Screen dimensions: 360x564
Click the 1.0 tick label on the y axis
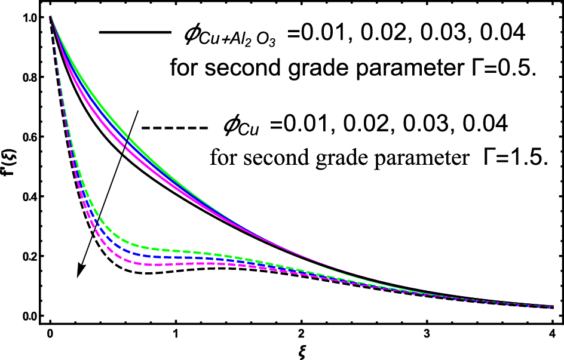pyautogui.click(x=27, y=19)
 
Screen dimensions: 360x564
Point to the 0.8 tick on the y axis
pyautogui.click(x=27, y=78)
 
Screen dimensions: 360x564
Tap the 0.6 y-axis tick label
pyautogui.click(x=27, y=138)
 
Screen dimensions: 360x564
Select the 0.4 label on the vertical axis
pyautogui.click(x=27, y=197)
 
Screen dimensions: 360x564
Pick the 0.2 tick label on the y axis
pyautogui.click(x=27, y=257)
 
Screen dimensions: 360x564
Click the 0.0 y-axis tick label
pyautogui.click(x=27, y=316)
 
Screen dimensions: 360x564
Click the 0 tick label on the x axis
pyautogui.click(x=50, y=332)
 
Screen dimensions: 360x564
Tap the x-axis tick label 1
pyautogui.click(x=176, y=332)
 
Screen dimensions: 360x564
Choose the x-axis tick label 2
pyautogui.click(x=301, y=332)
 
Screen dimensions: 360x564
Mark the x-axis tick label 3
pyautogui.click(x=427, y=332)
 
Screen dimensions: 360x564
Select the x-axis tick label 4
pyautogui.click(x=551, y=332)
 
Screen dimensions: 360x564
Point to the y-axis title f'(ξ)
pyautogui.click(x=8, y=169)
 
